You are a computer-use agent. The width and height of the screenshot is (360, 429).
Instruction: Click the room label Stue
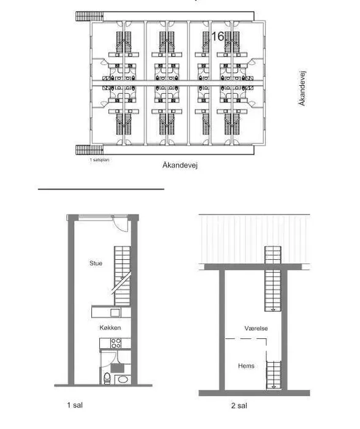click(x=96, y=263)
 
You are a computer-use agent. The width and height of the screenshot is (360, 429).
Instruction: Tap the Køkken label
click(x=110, y=327)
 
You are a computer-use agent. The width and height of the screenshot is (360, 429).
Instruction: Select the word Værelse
click(x=256, y=328)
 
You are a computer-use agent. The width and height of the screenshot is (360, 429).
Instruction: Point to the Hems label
click(x=246, y=366)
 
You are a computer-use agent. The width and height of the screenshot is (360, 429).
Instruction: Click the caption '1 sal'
click(x=75, y=405)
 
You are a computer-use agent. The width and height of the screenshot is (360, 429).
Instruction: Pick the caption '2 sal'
click(x=239, y=406)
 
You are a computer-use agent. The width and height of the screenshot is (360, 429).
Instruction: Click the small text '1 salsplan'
click(x=99, y=160)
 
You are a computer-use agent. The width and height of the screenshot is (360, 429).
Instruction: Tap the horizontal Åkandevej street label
click(x=180, y=165)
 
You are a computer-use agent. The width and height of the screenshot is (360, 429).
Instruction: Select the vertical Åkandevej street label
click(x=302, y=88)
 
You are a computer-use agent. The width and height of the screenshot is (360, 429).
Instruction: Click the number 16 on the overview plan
click(x=218, y=36)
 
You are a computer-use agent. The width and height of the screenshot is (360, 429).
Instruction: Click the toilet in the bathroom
click(x=107, y=378)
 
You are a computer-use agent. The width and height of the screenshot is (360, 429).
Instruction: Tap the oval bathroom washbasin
click(x=123, y=380)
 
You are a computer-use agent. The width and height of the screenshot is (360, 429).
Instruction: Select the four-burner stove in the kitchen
click(x=116, y=343)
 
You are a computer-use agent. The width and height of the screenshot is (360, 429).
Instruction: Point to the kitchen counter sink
click(x=115, y=312)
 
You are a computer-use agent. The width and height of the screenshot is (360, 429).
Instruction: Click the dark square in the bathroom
click(x=118, y=368)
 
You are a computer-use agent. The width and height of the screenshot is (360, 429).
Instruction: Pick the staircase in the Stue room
click(x=122, y=276)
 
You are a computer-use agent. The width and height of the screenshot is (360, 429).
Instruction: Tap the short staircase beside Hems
click(x=274, y=375)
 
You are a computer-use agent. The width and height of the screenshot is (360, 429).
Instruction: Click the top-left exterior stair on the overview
click(x=90, y=17)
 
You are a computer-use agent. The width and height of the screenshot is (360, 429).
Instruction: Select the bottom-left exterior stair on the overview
click(x=90, y=150)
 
